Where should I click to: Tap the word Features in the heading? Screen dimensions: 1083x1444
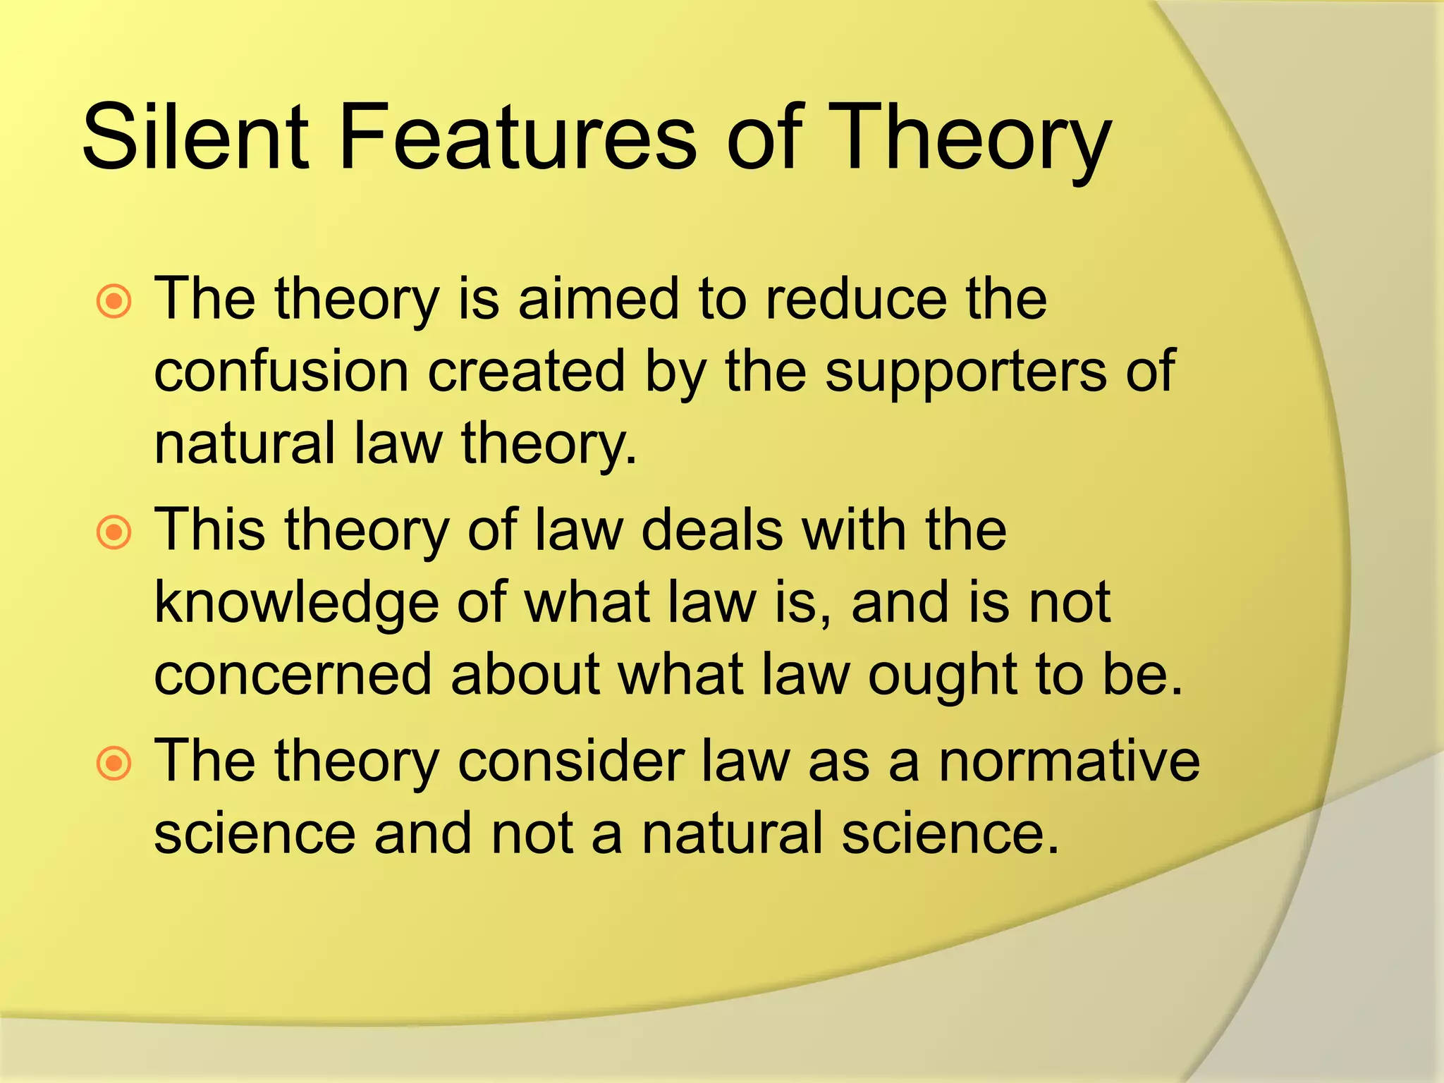(518, 137)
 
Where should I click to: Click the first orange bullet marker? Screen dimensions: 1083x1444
(114, 302)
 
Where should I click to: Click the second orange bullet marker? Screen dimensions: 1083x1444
(114, 532)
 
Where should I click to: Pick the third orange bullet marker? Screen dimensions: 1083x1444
(114, 764)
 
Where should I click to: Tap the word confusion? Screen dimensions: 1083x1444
(281, 372)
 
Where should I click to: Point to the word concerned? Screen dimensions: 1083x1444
(293, 674)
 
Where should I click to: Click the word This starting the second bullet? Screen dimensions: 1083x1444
(209, 530)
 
